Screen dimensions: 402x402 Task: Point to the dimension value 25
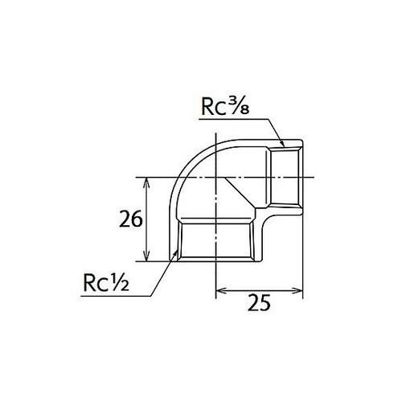[259, 302]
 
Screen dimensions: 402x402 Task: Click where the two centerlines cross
[218, 177]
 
